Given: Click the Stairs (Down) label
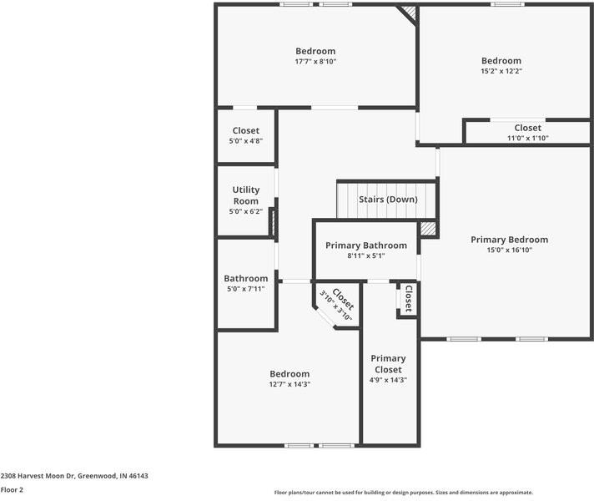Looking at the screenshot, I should pyautogui.click(x=388, y=200).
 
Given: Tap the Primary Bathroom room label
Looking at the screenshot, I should pyautogui.click(x=366, y=245).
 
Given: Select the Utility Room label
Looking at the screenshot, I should pyautogui.click(x=245, y=195).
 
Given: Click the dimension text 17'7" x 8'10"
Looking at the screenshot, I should pyautogui.click(x=315, y=62).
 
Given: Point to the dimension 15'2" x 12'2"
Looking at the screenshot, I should pyautogui.click(x=501, y=71).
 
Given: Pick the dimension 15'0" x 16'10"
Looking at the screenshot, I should pyautogui.click(x=510, y=250).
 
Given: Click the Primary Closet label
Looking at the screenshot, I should pyautogui.click(x=388, y=363).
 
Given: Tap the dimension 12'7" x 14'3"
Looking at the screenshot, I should pyautogui.click(x=289, y=384).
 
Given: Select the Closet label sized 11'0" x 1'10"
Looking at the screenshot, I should pyautogui.click(x=527, y=128).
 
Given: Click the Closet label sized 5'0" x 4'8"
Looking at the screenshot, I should pyautogui.click(x=245, y=130).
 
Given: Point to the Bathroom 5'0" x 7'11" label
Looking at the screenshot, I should pyautogui.click(x=245, y=279).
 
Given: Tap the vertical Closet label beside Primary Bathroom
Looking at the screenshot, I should pyautogui.click(x=408, y=299).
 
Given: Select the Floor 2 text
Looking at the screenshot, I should pyautogui.click(x=12, y=490).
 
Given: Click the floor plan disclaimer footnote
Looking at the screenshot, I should pyautogui.click(x=404, y=493).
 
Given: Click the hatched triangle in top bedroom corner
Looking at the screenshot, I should pyautogui.click(x=408, y=14).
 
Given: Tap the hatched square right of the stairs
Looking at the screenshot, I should pyautogui.click(x=428, y=228).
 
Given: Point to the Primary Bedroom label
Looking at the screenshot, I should pyautogui.click(x=510, y=240).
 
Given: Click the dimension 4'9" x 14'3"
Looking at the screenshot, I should pyautogui.click(x=388, y=380).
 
